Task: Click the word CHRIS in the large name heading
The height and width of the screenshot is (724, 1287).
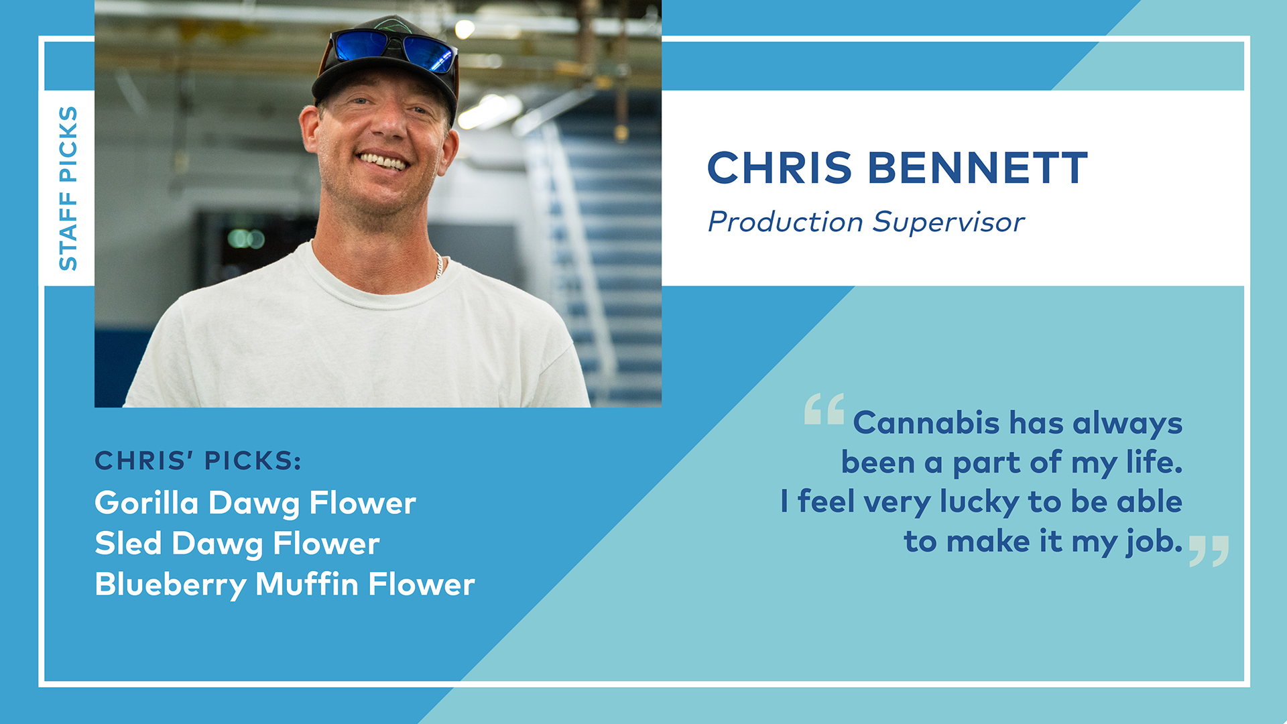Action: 780,168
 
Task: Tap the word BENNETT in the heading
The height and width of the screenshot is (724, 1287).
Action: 978,168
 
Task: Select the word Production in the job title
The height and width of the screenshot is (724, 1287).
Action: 786,223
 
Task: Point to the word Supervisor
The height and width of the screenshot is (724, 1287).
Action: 948,222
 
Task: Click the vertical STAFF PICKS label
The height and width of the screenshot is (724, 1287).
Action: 68,188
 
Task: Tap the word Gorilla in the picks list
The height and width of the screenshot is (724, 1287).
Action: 147,503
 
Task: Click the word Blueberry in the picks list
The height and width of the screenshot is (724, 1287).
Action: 171,585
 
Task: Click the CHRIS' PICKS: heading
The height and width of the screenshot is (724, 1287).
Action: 198,461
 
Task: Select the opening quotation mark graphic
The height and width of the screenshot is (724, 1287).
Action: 824,409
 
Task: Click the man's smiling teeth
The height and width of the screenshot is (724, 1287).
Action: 383,161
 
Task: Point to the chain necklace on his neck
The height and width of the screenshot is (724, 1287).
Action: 439,264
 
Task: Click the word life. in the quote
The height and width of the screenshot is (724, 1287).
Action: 1154,463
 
